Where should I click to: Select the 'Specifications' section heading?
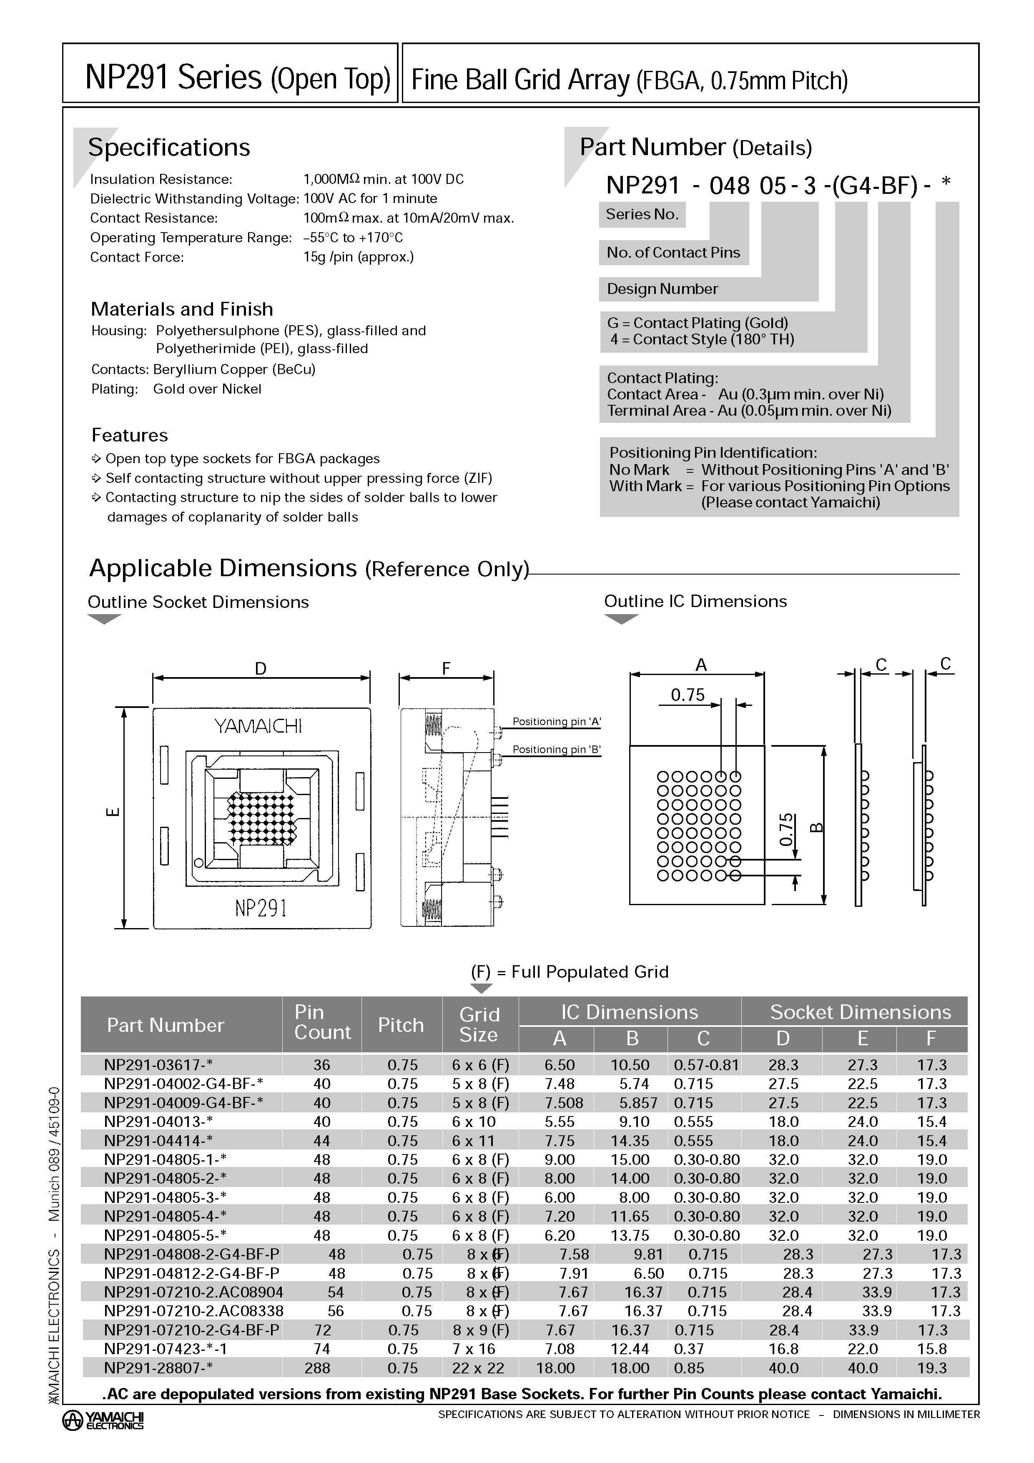point(169,147)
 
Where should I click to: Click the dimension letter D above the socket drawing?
point(261,668)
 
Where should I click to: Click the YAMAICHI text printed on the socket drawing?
point(258,726)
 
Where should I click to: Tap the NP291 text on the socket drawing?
point(261,907)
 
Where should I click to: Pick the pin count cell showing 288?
point(317,1368)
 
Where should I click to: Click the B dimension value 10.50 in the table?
point(630,1065)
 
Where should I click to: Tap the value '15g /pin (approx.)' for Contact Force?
point(359,257)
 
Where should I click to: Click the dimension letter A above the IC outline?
point(701,665)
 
